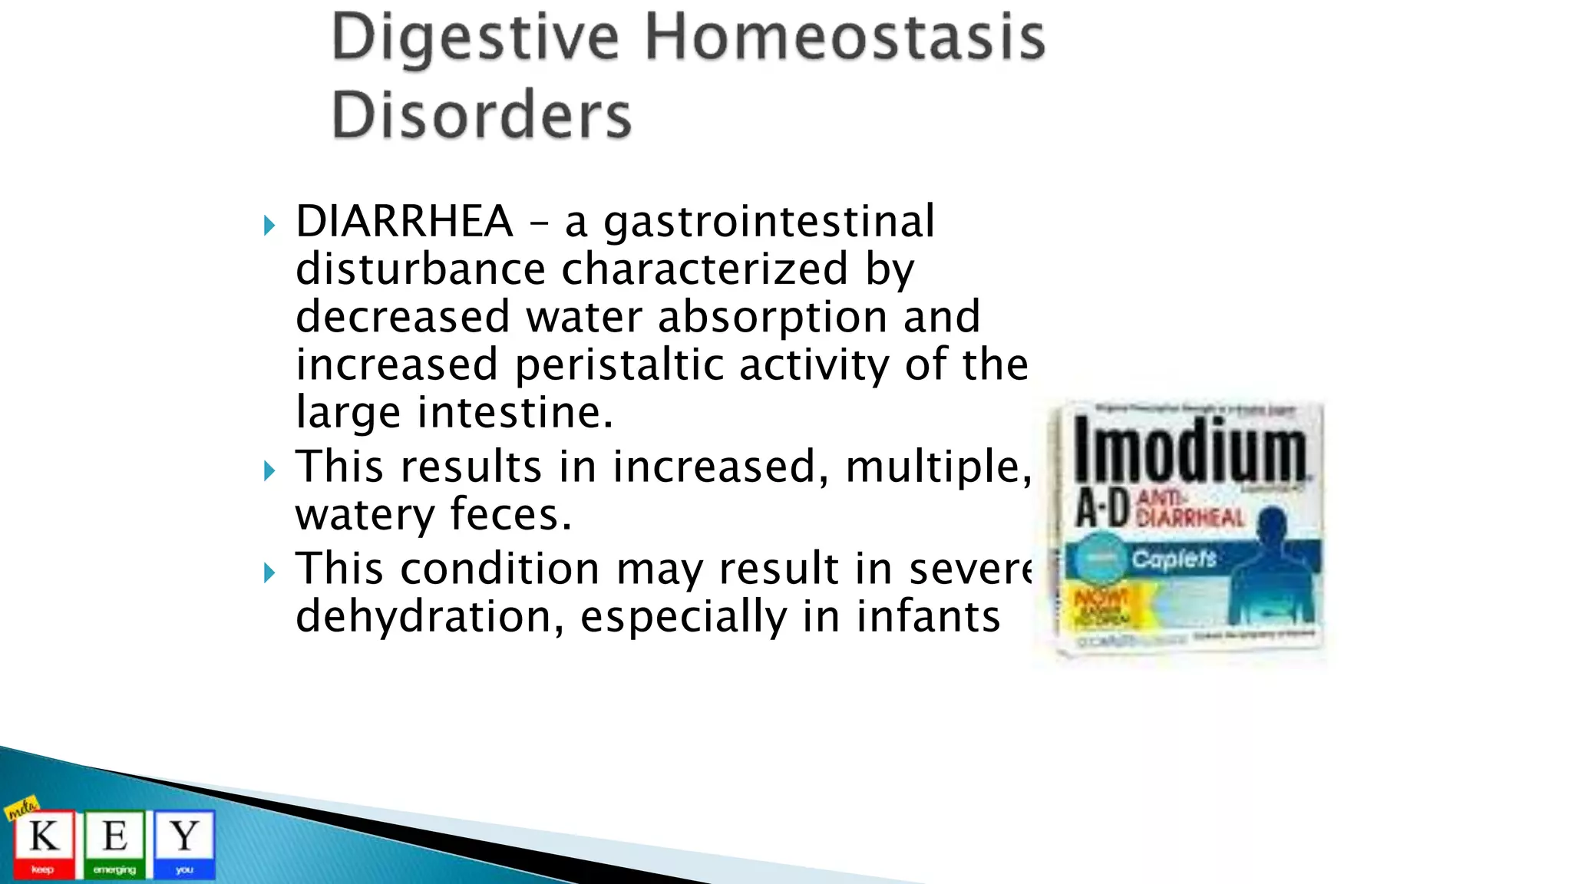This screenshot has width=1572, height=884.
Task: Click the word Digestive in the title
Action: coord(474,38)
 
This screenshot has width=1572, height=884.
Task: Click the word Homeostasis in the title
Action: coord(844,38)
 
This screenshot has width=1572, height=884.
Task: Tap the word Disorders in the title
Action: coord(481,115)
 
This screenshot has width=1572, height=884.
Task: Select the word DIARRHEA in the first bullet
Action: coord(404,222)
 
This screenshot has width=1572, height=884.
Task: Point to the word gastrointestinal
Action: coord(769,222)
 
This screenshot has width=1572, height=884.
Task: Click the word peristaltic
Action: coord(619,364)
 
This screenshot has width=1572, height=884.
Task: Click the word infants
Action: coord(928,616)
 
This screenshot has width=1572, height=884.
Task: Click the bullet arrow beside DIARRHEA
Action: coord(269,226)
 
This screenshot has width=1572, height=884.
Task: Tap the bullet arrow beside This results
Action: coord(269,470)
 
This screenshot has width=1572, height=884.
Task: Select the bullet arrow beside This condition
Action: coord(269,572)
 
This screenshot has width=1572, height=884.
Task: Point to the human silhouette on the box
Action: coord(1270,568)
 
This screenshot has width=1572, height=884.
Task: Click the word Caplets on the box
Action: coord(1174,558)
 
